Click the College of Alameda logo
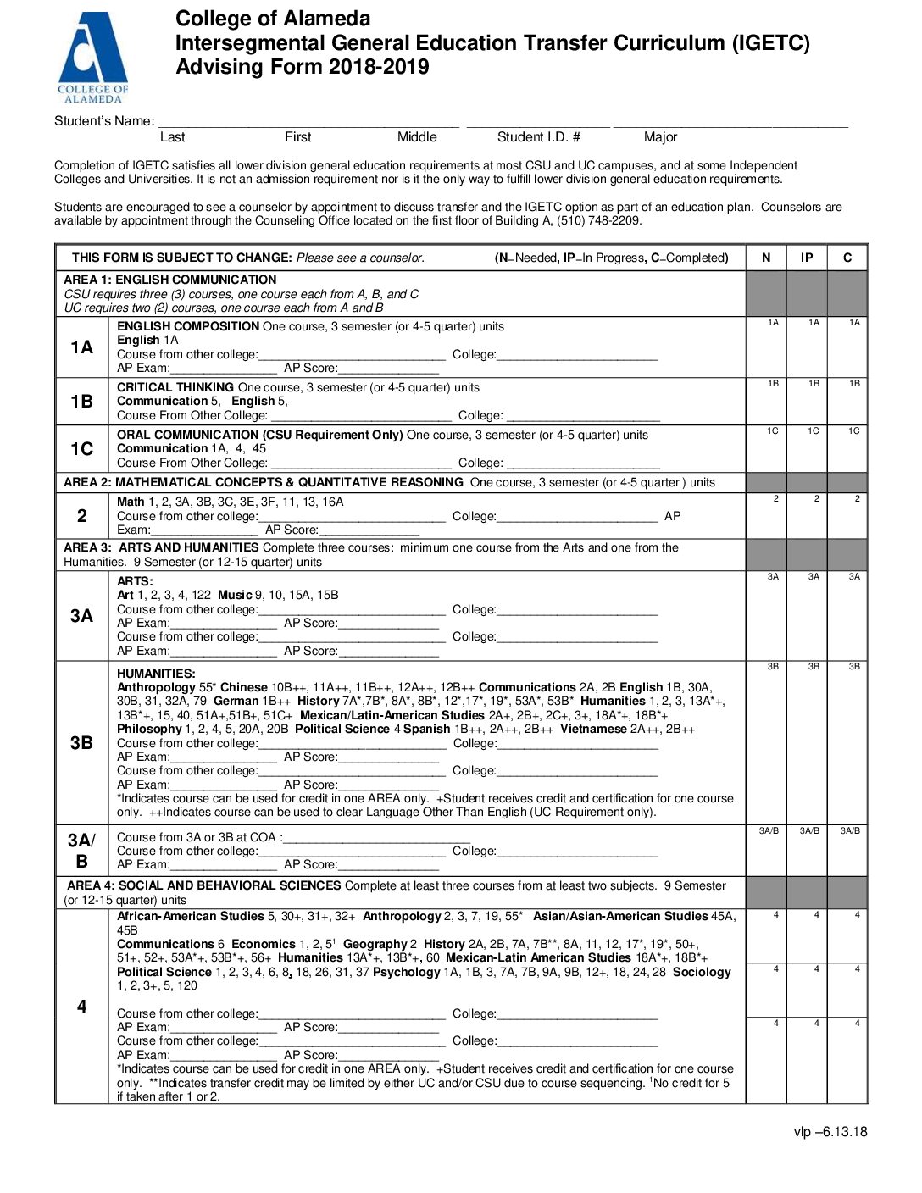(92, 58)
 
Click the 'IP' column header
(807, 258)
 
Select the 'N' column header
(766, 258)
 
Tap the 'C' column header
(847, 258)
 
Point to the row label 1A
(81, 347)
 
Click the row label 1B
(81, 402)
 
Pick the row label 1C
(81, 449)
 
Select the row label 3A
(81, 616)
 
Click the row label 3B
(81, 743)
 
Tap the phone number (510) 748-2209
(599, 220)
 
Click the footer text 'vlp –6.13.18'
(830, 1131)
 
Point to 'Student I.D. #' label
(538, 137)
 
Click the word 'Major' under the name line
(660, 137)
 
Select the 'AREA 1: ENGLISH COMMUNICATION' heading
(170, 280)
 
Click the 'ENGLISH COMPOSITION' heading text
(188, 326)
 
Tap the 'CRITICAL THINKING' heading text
(176, 387)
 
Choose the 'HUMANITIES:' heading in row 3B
(156, 674)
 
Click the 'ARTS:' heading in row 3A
(136, 581)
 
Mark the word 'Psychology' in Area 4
(406, 972)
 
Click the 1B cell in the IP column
(807, 402)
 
